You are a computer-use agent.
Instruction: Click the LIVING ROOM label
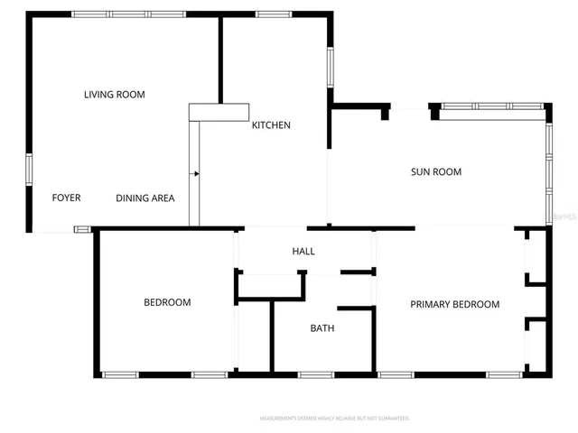point(115,95)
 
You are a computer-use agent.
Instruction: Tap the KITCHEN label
point(271,125)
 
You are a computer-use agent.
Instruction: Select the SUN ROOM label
point(436,172)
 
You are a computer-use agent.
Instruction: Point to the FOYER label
point(66,198)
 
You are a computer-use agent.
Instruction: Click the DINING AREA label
point(145,198)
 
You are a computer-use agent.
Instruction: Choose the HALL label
point(303,252)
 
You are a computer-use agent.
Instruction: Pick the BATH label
point(322,328)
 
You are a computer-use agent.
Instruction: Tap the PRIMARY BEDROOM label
point(454,305)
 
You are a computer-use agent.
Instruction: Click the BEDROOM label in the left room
point(167,303)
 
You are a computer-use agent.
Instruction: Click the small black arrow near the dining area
point(195,172)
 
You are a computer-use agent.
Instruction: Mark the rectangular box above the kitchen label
point(219,112)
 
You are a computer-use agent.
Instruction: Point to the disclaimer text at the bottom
point(335,419)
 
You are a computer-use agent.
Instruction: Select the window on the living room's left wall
point(29,170)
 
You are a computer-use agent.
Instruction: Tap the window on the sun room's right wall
point(548,171)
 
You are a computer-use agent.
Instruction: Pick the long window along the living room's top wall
point(129,14)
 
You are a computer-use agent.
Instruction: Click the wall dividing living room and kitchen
point(220,59)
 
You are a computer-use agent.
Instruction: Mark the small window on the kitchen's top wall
point(273,14)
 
